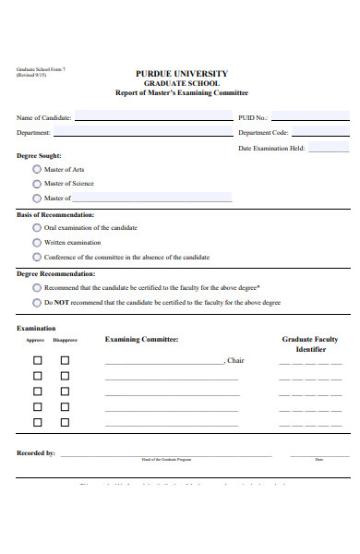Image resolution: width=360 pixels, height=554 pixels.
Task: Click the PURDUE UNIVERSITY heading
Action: click(182, 73)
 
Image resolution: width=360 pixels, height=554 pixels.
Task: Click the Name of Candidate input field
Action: click(152, 118)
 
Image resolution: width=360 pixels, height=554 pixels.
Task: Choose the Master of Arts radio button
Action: click(37, 169)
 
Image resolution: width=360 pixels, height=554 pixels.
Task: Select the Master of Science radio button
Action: click(37, 183)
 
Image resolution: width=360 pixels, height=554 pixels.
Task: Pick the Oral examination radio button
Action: click(37, 227)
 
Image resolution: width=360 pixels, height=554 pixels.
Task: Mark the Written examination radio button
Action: click(37, 242)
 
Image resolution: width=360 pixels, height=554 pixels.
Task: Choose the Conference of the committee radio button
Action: click(37, 257)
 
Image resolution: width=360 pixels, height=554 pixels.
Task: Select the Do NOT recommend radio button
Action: click(37, 302)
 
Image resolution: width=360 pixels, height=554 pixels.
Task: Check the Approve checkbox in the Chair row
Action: click(38, 360)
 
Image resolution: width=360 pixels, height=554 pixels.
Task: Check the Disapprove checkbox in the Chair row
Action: click(65, 360)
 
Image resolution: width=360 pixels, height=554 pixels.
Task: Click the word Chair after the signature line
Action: click(235, 360)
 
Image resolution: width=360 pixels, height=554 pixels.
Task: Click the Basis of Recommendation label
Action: click(55, 214)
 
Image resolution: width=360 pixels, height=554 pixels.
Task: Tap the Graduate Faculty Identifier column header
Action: click(310, 344)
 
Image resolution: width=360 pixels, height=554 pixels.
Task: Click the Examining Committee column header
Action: click(141, 340)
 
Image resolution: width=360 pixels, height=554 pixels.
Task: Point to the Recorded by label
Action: click(36, 453)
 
